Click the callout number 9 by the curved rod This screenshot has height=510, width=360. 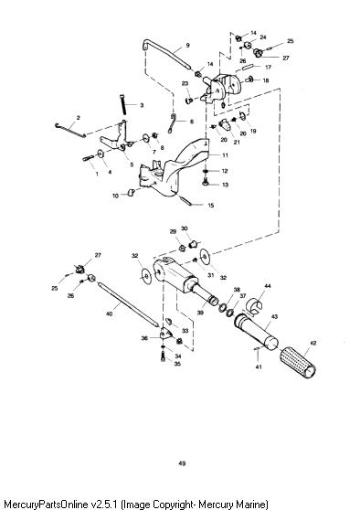click(x=187, y=45)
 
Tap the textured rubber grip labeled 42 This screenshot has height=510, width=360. click(x=298, y=362)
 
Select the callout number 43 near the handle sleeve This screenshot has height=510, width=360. click(x=274, y=316)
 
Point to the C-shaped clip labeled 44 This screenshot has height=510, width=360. click(x=257, y=307)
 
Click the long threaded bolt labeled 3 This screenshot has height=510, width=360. click(x=123, y=104)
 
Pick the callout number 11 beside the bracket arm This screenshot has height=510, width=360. click(x=225, y=155)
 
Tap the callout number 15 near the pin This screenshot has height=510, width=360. click(x=211, y=206)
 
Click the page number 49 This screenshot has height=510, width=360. click(x=182, y=463)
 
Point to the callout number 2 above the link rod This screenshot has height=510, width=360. click(x=78, y=118)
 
